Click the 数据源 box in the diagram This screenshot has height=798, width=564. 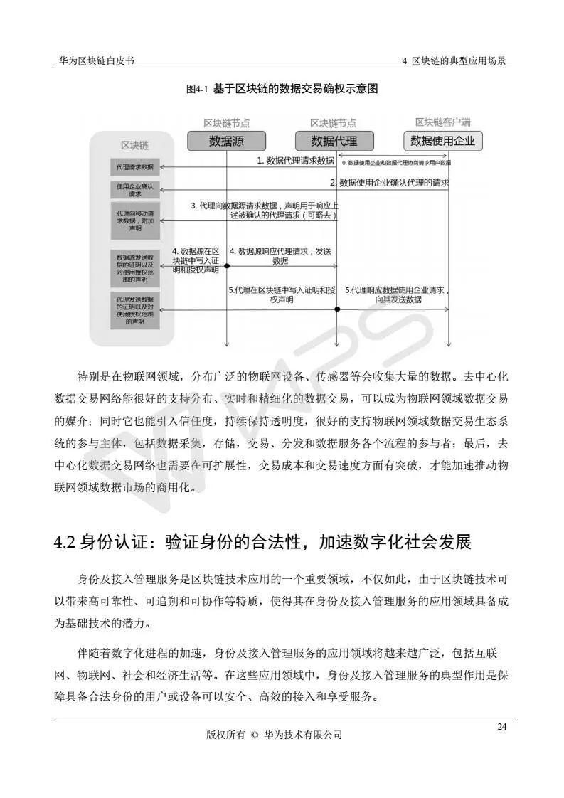[226, 141]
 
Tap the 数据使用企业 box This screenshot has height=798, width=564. [442, 141]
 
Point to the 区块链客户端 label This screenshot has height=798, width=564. [442, 122]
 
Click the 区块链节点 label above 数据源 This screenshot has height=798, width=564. [226, 123]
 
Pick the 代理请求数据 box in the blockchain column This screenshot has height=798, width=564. [134, 167]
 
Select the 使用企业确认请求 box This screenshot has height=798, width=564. [134, 190]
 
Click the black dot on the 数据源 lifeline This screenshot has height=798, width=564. [226, 266]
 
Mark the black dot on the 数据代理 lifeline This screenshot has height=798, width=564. [337, 309]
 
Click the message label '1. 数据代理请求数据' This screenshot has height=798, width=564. [295, 161]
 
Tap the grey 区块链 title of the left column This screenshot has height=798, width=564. [134, 146]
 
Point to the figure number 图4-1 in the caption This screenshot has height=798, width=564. [196, 89]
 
